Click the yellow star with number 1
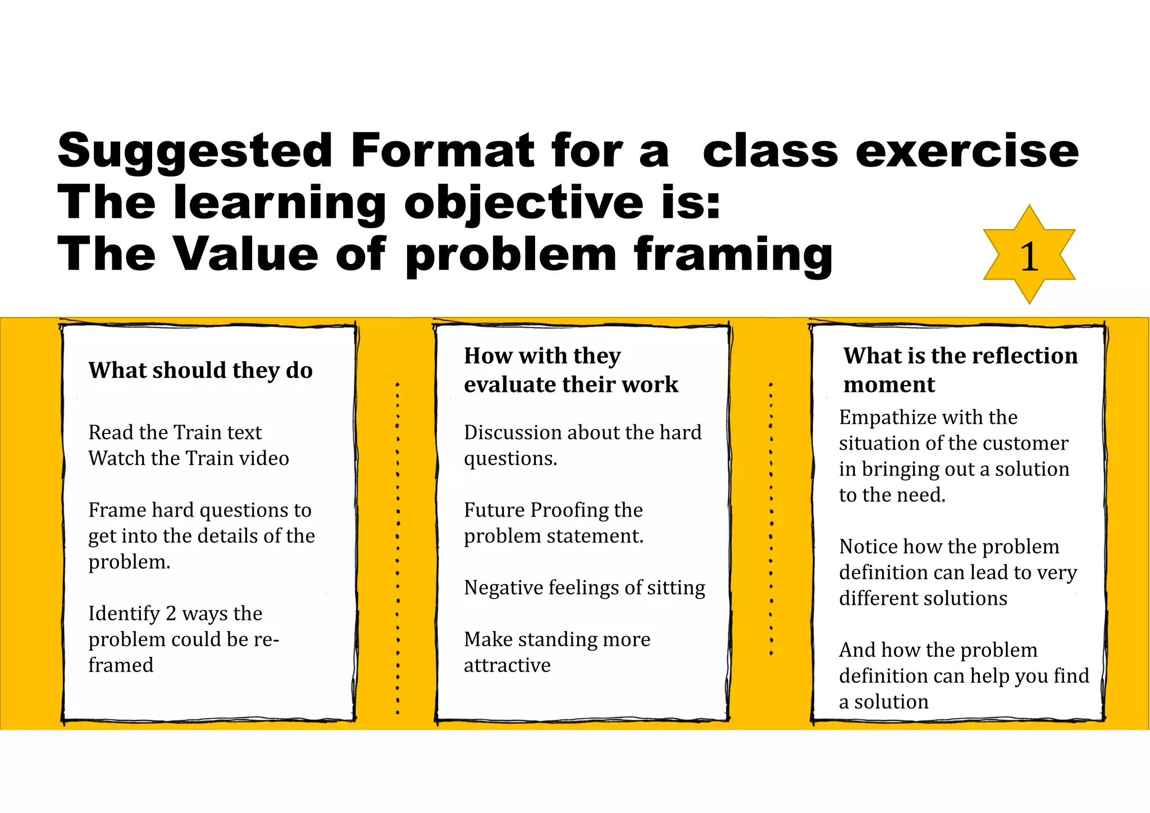(x=1029, y=255)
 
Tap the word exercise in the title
(x=966, y=150)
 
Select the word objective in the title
(x=523, y=203)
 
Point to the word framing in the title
(x=733, y=254)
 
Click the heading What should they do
(x=200, y=371)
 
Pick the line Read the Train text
(x=175, y=432)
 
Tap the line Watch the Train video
(x=189, y=458)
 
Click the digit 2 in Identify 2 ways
(x=171, y=614)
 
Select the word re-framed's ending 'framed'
(x=121, y=665)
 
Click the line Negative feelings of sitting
(x=585, y=588)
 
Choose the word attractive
(x=507, y=665)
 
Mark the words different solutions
(x=923, y=599)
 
